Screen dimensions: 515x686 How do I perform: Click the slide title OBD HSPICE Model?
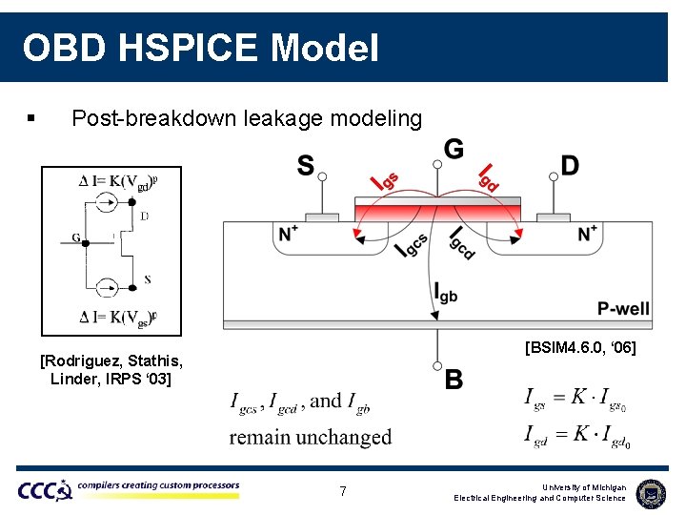tap(200, 47)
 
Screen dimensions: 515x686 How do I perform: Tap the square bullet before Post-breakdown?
tap(31, 119)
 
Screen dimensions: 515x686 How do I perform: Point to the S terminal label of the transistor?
tap(305, 166)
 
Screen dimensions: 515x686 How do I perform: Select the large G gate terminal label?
tap(454, 149)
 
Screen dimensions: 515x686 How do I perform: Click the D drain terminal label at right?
tap(570, 166)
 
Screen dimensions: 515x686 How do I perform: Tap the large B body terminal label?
tap(454, 380)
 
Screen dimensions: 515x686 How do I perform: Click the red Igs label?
tap(383, 178)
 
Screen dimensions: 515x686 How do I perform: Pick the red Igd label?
tap(488, 176)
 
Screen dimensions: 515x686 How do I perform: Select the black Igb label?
tap(445, 293)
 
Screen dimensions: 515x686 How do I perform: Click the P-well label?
tap(623, 308)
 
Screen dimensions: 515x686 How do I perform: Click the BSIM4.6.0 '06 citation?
tap(579, 348)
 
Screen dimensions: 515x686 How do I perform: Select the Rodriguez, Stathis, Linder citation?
tap(111, 370)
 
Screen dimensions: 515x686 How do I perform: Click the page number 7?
tap(343, 491)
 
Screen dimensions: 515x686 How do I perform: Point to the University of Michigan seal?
tap(651, 492)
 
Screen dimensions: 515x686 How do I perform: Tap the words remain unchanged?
tap(311, 437)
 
